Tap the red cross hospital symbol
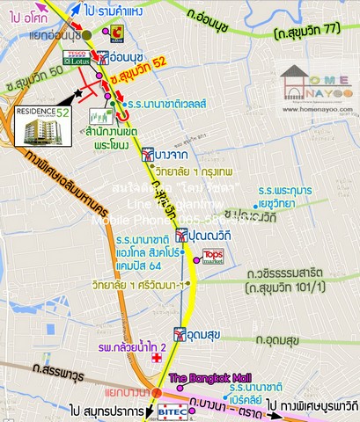pos(156,360)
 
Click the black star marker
pos(81,91)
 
